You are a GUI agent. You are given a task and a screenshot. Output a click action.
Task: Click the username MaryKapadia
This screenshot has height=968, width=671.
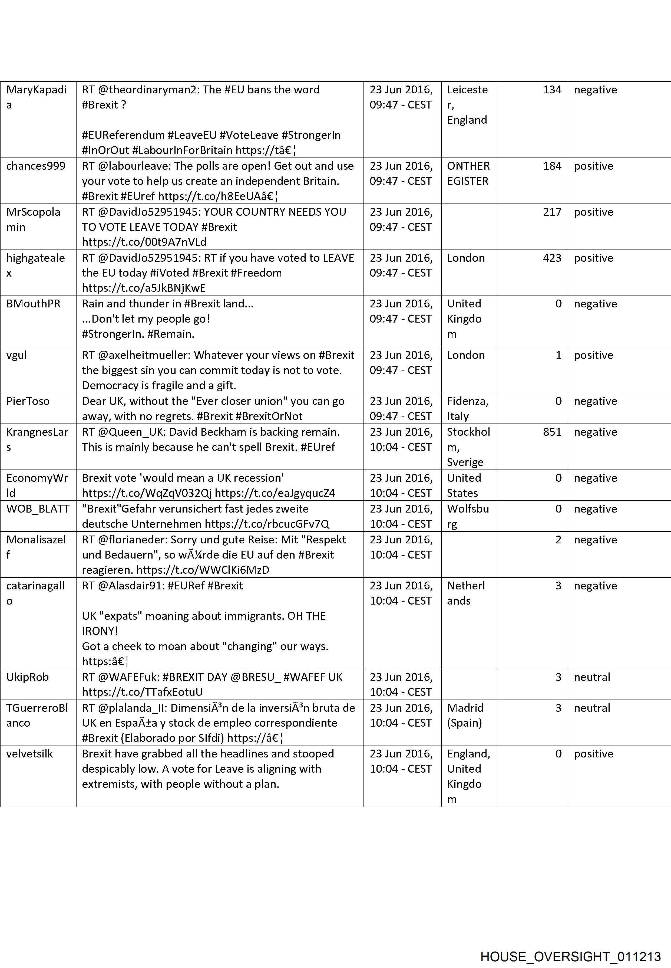coord(37,97)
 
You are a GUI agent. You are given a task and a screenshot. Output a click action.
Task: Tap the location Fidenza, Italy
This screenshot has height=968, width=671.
coord(468,408)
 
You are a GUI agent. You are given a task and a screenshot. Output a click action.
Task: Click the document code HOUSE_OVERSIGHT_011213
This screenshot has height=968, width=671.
coord(570,945)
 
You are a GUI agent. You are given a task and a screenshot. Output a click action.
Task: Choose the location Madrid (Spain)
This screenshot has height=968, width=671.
coord(465,715)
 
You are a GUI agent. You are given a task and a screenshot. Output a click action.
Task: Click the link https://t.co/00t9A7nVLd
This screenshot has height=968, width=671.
coord(144,242)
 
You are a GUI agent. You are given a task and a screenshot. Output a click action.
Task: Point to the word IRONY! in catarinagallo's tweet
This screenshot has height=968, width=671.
coord(100,631)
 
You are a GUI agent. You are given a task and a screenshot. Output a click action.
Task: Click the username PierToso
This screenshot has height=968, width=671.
coord(28,401)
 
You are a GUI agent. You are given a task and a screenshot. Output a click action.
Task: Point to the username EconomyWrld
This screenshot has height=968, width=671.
coord(37,485)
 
